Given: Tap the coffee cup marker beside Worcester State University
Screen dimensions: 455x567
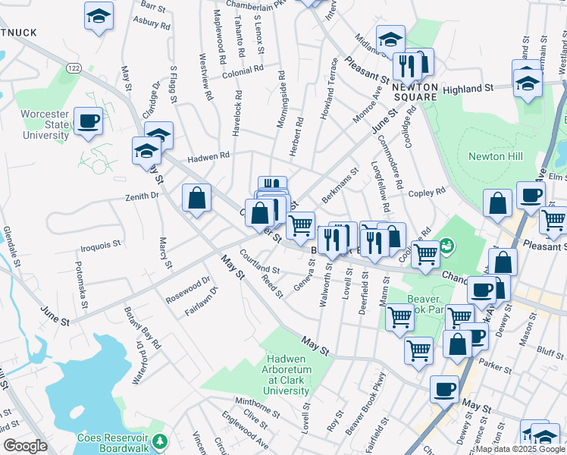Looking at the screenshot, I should pyautogui.click(x=89, y=121).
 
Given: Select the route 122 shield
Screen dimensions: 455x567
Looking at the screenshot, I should pyautogui.click(x=73, y=68).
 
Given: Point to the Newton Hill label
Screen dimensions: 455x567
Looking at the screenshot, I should pyautogui.click(x=496, y=156).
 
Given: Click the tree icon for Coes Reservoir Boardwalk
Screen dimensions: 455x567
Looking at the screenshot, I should pyautogui.click(x=159, y=441).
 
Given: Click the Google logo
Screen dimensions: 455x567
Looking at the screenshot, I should pyautogui.click(x=25, y=446).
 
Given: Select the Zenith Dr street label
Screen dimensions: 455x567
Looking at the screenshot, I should pyautogui.click(x=142, y=195).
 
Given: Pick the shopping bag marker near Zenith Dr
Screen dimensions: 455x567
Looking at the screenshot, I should pyautogui.click(x=196, y=198).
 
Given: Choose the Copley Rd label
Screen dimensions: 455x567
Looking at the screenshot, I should pyautogui.click(x=427, y=193).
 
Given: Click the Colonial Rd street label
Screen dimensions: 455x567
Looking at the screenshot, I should pyautogui.click(x=243, y=68).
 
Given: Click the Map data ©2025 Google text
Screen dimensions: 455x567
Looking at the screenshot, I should pyautogui.click(x=519, y=449).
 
